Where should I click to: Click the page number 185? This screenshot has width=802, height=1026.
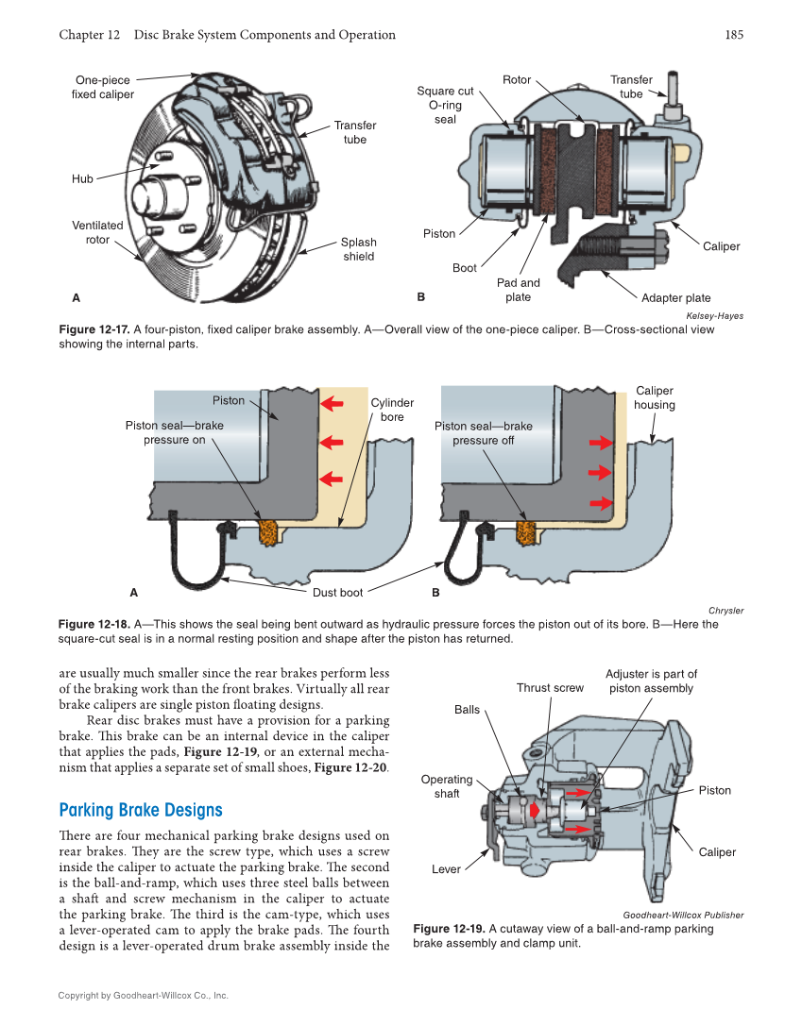tap(734, 35)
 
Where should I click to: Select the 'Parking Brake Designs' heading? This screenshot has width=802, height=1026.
tap(141, 810)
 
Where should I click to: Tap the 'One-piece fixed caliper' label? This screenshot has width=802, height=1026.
tap(103, 88)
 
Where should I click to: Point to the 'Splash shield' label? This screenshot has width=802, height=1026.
tap(358, 249)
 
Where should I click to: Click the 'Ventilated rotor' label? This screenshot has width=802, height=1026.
tap(97, 232)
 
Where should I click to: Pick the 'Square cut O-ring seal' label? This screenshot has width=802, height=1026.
tap(445, 105)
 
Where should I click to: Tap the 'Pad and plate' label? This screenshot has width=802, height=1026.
tap(518, 290)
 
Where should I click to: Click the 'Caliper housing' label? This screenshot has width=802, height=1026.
tap(655, 397)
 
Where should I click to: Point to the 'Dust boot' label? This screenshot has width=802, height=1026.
tap(337, 593)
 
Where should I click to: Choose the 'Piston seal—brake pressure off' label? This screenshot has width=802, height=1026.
tap(483, 432)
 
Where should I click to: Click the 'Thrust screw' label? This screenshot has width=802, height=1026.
tap(550, 688)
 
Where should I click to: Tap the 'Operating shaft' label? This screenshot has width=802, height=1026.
tap(447, 786)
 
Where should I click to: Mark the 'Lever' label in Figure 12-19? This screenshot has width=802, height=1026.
tap(446, 869)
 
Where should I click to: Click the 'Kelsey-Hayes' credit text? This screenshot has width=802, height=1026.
tap(708, 315)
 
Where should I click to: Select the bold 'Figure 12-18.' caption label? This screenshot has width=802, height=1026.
tap(94, 624)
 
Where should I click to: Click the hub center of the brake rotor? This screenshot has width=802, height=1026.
tap(151, 196)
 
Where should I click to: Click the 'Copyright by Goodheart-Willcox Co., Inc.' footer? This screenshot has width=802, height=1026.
tap(143, 995)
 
